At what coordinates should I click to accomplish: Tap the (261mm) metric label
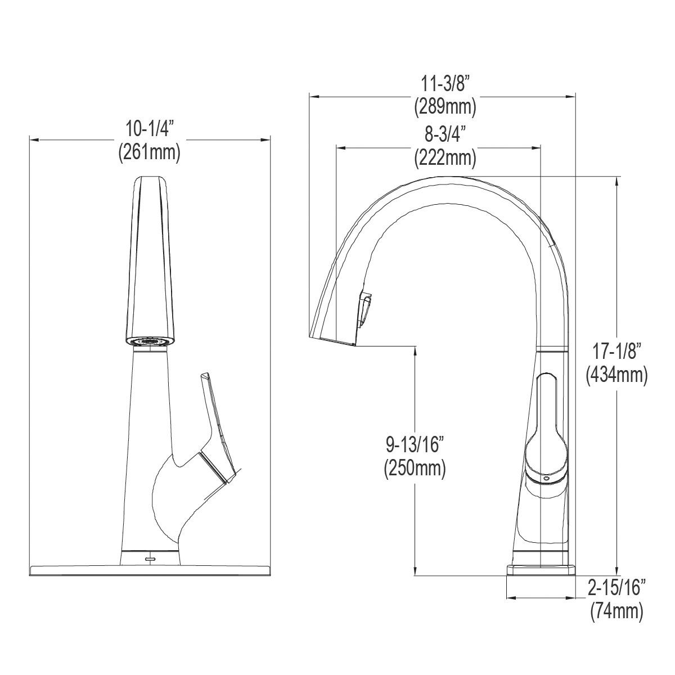[149, 152]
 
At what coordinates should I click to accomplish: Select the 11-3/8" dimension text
[445, 85]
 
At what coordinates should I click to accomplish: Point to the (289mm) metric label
[445, 107]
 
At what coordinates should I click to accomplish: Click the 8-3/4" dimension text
[445, 136]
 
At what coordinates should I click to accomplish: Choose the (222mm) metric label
[445, 158]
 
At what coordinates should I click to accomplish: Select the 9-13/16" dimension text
[415, 445]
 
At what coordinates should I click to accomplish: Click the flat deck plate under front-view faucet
[150, 570]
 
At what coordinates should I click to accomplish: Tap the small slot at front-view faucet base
[150, 559]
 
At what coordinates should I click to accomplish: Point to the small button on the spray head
[363, 309]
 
